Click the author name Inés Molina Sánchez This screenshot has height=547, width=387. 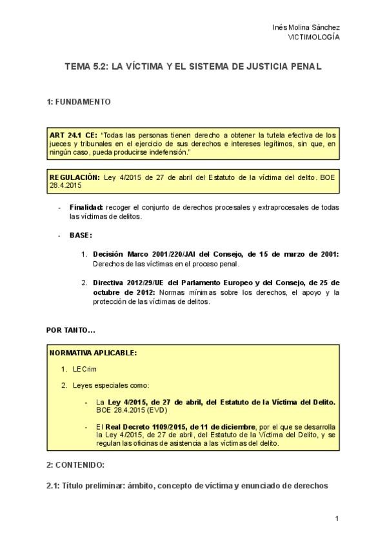(x=306, y=27)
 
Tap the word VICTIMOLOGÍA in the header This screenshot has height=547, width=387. (x=314, y=37)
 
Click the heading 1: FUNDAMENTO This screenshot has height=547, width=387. (x=79, y=102)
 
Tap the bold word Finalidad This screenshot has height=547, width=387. (x=86, y=207)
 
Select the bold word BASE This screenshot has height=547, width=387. (x=81, y=235)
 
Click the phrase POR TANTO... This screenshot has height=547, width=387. (x=71, y=330)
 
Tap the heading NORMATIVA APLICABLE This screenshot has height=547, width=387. (x=94, y=353)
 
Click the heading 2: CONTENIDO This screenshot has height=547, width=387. (x=75, y=464)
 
